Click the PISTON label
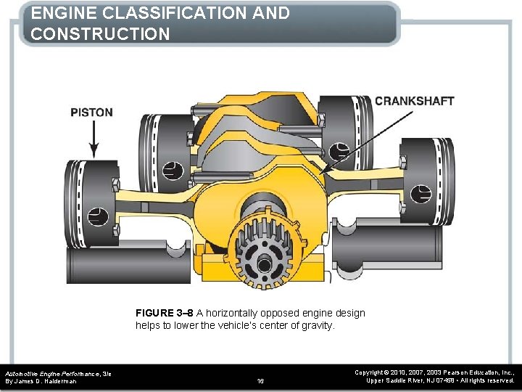tap(91, 113)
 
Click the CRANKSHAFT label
tap(414, 101)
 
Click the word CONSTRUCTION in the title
tap(101, 34)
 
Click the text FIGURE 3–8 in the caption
tap(164, 313)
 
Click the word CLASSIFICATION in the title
tap(190, 13)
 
